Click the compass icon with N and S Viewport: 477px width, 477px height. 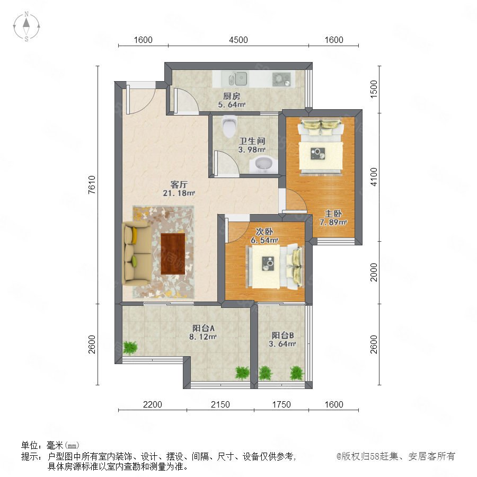tap(26, 26)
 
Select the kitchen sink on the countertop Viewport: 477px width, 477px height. tap(238, 79)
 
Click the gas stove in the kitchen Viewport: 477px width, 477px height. tap(281, 79)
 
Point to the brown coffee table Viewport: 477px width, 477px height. tap(173, 253)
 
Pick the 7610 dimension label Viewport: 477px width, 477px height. tap(92, 184)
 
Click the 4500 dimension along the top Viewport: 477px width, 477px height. tap(238, 40)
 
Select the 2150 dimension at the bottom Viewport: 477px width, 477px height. tap(220, 404)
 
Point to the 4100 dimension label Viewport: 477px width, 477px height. tap(374, 176)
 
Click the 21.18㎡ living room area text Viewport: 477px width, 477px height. tap(179, 193)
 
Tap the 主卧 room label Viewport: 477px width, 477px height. tap(333, 214)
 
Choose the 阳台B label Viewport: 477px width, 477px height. tap(282, 335)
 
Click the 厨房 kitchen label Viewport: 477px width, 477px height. tap(232, 96)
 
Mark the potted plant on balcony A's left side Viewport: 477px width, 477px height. tap(130, 348)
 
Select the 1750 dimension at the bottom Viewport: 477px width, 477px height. tap(281, 404)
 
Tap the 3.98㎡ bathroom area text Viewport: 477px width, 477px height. tap(252, 149)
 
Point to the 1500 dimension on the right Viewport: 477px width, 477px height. tap(374, 89)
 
